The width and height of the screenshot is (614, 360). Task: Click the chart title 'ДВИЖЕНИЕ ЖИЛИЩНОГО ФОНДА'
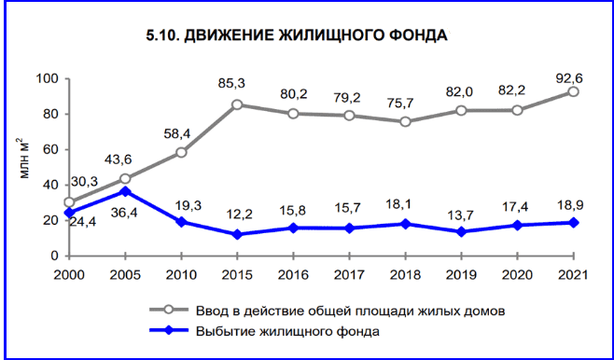297,36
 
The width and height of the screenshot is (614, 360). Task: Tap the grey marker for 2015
237,104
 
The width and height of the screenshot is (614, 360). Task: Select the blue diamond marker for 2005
125,191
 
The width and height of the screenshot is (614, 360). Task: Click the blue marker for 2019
461,231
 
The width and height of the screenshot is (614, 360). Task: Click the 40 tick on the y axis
51,185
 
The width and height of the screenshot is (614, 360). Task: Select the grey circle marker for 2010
181,152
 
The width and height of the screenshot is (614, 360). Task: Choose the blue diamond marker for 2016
293,228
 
